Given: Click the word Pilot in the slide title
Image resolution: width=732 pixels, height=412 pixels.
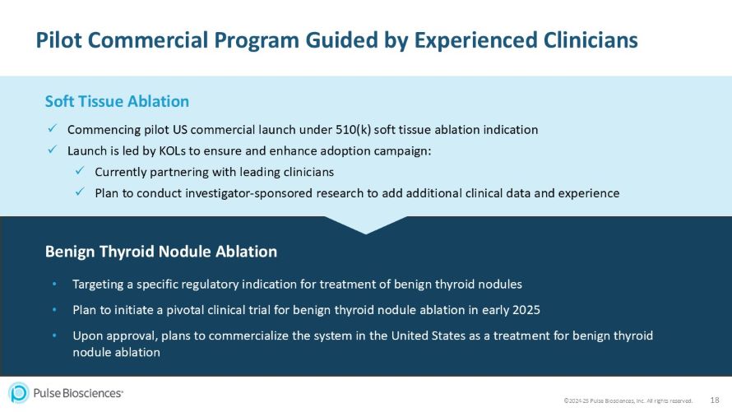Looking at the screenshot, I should (61, 39).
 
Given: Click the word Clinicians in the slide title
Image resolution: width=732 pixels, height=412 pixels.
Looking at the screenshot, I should (579, 39).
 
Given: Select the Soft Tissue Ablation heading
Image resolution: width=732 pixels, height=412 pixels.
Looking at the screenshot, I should (117, 101).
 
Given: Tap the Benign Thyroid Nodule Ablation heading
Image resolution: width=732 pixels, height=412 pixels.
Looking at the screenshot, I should (160, 251).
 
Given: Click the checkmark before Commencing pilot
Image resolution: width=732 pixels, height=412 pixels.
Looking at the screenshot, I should (51, 129).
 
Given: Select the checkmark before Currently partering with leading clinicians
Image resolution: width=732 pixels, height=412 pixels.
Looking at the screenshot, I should (79, 172).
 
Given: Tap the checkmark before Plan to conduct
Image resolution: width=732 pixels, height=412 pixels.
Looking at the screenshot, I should (79, 193).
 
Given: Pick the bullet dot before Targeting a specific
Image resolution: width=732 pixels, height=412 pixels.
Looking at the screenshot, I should (54, 285).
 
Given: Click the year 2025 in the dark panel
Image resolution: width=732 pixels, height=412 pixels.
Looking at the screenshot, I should (523, 310).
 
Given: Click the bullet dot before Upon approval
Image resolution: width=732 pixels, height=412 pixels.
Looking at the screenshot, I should (54, 336).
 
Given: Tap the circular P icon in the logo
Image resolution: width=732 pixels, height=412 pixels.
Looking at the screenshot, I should (19, 393).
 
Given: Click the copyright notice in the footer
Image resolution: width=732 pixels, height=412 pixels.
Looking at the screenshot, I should (628, 400).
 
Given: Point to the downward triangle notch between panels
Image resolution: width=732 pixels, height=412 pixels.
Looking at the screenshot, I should (365, 224).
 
